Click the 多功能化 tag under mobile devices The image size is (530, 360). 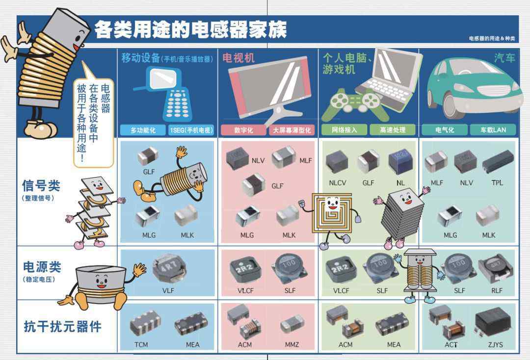(x=143, y=130)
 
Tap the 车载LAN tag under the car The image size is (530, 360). (x=493, y=129)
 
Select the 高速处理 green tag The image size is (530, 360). (x=393, y=129)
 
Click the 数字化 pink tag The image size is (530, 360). (x=243, y=130)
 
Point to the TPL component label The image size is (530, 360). (x=497, y=183)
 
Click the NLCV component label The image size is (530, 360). (x=337, y=183)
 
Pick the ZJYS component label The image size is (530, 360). (x=495, y=344)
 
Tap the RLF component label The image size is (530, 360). (x=497, y=290)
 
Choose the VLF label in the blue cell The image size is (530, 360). (x=168, y=290)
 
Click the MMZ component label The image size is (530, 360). (x=291, y=344)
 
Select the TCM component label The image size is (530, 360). (x=141, y=344)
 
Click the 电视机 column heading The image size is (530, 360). (x=238, y=58)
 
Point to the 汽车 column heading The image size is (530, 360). (x=504, y=58)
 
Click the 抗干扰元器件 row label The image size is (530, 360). (x=62, y=327)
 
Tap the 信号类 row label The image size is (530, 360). (x=41, y=186)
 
